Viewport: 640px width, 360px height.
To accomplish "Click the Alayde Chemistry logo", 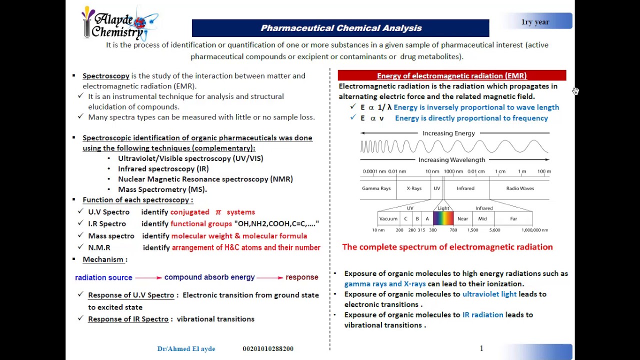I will (118, 23).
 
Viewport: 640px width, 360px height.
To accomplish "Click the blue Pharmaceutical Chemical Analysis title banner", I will (340, 28).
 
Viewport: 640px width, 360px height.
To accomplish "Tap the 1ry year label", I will (535, 22).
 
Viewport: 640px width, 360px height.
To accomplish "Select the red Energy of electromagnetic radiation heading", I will (451, 75).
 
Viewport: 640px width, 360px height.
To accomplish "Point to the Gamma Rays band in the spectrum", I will (376, 188).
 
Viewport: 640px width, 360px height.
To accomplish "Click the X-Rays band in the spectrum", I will (414, 188).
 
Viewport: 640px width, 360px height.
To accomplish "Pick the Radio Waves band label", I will (520, 188).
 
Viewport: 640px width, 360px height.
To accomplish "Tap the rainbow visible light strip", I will (443, 218).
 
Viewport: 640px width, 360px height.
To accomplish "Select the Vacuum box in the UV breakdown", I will (388, 218).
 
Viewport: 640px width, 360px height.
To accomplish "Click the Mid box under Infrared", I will (482, 218).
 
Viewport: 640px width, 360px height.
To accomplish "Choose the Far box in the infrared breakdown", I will (513, 218).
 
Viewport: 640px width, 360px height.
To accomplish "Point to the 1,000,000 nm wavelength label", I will (534, 230).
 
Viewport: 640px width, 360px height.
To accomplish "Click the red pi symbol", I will (218, 212).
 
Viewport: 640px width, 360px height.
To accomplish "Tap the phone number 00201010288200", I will (268, 348).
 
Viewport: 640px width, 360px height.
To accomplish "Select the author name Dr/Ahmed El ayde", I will (186, 348).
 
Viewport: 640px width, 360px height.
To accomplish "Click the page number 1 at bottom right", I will (481, 348).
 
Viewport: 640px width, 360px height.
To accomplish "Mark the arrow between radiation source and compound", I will (148, 277).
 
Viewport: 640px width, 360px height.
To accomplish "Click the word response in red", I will (301, 277).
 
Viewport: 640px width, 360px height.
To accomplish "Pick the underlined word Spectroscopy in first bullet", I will (106, 76).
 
